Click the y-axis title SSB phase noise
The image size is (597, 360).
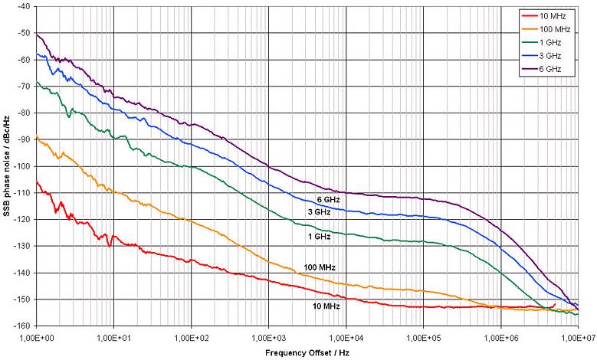[7, 165]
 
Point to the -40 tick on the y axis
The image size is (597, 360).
[22, 6]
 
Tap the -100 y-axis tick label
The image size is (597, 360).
[21, 166]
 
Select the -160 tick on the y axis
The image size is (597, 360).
[21, 326]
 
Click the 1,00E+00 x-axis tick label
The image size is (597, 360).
[35, 337]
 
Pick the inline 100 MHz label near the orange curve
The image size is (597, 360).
[321, 267]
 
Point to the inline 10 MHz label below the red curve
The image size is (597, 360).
[325, 306]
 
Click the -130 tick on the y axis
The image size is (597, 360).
[21, 246]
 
